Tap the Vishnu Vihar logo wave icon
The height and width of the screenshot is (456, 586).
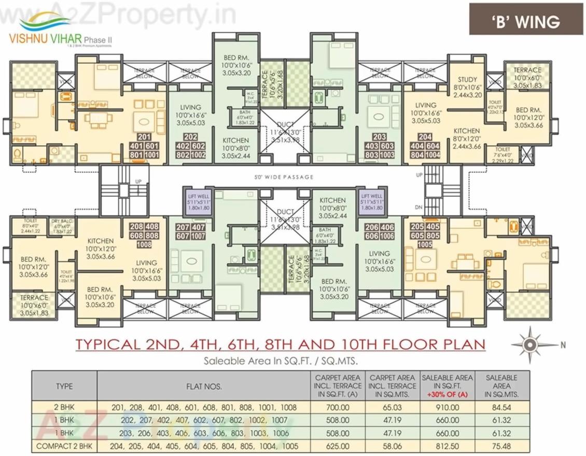pos(45,23)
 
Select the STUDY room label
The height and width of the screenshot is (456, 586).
pos(467,80)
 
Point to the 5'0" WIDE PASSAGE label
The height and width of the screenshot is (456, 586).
pos(284,177)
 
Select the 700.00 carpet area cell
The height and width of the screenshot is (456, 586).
pos(337,408)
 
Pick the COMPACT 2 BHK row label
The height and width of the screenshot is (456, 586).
pos(64,446)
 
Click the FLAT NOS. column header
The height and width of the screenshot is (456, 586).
pos(204,386)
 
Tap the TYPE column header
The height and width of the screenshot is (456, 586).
pos(64,386)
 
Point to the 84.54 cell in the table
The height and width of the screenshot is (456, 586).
pos(501,408)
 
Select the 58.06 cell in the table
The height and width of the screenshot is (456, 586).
pos(393,446)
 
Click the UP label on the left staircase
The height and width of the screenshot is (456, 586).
pos(138,182)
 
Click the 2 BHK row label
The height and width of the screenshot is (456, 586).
pos(64,408)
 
